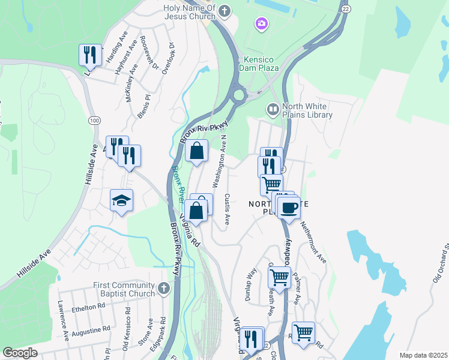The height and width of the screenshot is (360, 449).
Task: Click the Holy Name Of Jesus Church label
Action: [188, 11]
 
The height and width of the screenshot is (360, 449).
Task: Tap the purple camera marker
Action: [261, 23]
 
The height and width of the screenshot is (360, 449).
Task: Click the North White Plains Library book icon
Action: [273, 109]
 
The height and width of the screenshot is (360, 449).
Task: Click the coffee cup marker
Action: [289, 208]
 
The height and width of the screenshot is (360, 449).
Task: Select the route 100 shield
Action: [94, 121]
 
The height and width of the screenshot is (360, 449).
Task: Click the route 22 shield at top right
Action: [345, 8]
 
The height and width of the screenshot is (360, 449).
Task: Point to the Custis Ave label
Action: [227, 208]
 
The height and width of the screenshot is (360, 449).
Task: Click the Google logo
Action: [20, 353]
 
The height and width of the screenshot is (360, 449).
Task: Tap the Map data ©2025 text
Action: [423, 355]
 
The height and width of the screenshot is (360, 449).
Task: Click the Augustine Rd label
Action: [91, 329]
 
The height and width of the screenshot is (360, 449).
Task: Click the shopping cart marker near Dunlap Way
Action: [279, 277]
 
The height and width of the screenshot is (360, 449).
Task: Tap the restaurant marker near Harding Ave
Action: [89, 55]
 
